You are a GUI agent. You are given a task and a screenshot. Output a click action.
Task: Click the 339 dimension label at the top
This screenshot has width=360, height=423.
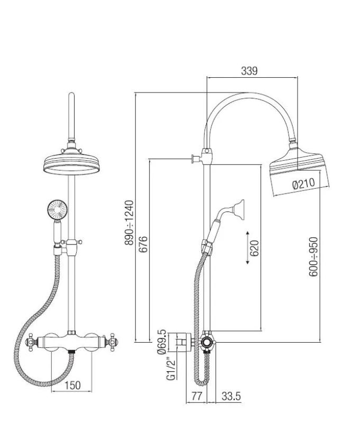(249, 71)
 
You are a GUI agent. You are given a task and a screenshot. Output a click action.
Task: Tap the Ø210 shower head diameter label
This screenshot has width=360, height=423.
(303, 185)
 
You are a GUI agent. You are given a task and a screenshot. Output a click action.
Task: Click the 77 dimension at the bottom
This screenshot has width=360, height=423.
(197, 396)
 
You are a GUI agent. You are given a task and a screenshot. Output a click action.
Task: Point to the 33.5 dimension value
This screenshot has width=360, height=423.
(231, 396)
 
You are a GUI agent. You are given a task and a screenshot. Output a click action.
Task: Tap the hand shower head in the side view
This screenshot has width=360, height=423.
(238, 208)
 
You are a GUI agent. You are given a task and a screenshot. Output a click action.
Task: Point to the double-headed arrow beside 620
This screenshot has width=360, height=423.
(247, 247)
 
